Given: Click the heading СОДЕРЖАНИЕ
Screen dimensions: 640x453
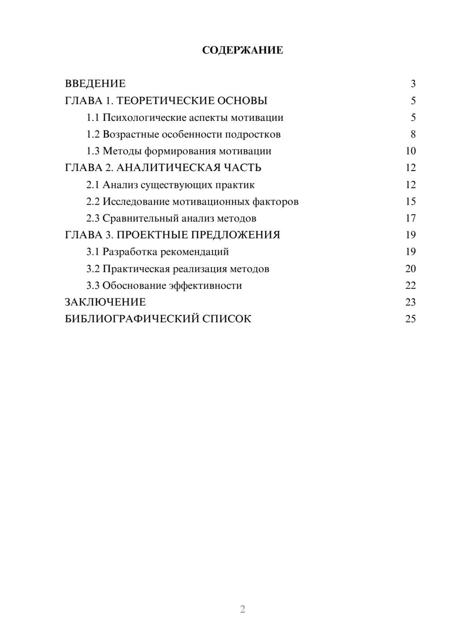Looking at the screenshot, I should pyautogui.click(x=242, y=50).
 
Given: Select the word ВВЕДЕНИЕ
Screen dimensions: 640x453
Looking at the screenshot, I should pyautogui.click(x=95, y=84).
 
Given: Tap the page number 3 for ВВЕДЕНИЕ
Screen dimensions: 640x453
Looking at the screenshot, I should pyautogui.click(x=413, y=84).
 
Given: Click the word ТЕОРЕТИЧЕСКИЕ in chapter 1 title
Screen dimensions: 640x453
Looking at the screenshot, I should pyautogui.click(x=165, y=100).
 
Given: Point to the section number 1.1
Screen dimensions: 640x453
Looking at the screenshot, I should pyautogui.click(x=92, y=118).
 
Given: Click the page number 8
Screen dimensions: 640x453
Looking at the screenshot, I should pyautogui.click(x=413, y=134).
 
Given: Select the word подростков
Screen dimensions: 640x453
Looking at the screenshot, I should pyautogui.click(x=253, y=134).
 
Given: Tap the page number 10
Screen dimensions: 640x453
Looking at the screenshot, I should pyautogui.click(x=410, y=151).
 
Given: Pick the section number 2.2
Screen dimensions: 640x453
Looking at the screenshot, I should pyautogui.click(x=92, y=201).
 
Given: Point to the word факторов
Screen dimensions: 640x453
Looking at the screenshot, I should pyautogui.click(x=278, y=201).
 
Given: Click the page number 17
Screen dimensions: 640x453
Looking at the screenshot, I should pyautogui.click(x=410, y=218).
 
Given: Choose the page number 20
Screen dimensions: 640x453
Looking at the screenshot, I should pyautogui.click(x=410, y=269).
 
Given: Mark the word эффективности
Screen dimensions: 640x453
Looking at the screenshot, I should pyautogui.click(x=205, y=286).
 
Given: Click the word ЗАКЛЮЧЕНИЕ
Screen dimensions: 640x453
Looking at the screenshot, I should pyautogui.click(x=105, y=302).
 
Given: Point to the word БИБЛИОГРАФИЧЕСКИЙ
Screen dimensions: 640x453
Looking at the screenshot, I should pyautogui.click(x=131, y=319).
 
